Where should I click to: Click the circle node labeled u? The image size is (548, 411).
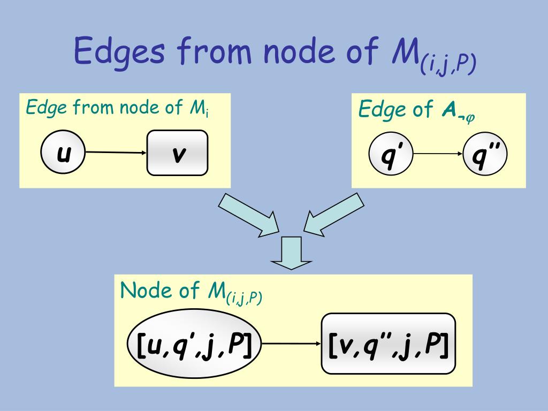click(x=63, y=153)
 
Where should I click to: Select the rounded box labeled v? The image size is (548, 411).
click(x=177, y=153)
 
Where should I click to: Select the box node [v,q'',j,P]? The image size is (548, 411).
click(x=388, y=344)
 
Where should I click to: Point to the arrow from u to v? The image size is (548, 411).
click(x=116, y=153)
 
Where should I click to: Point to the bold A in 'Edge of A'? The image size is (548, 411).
click(x=448, y=110)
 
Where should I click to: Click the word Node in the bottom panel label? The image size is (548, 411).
click(x=141, y=291)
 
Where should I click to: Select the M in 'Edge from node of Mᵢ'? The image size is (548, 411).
click(x=193, y=108)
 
